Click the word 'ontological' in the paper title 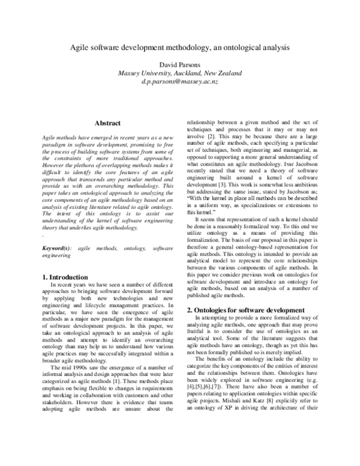[243, 46]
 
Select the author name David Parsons [179, 64]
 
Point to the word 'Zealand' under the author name [228, 73]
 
